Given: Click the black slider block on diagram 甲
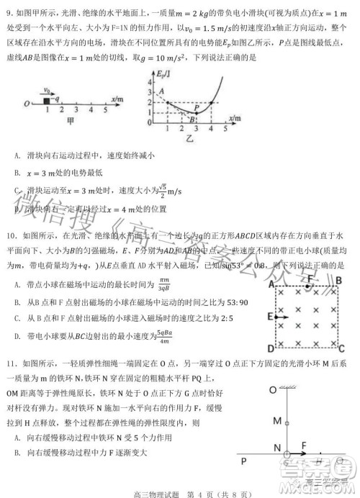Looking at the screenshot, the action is coord(47,101).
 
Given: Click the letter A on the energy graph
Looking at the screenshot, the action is coord(161,91).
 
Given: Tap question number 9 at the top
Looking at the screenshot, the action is coord(9,9).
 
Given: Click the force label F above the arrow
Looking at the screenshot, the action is coord(305,444).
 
